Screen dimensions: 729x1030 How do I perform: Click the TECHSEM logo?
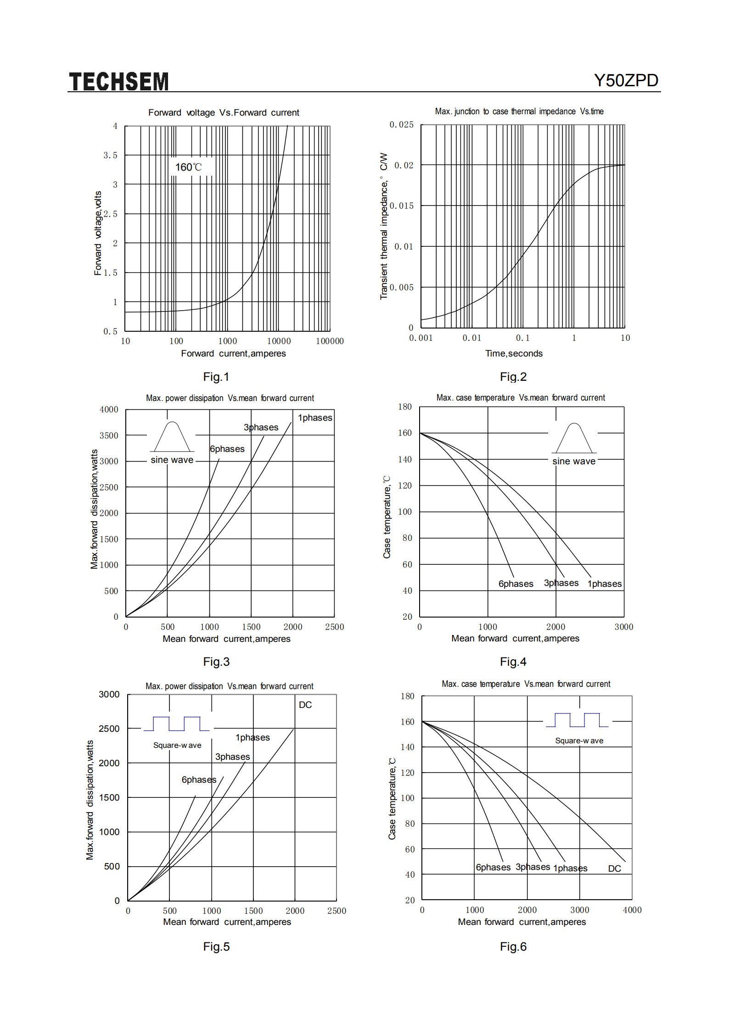[119, 82]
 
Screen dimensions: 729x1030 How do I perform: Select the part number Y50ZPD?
[626, 81]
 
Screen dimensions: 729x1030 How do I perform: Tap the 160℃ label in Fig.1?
[188, 167]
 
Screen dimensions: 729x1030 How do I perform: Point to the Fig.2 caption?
[513, 377]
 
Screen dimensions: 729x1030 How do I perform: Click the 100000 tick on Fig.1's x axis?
[330, 341]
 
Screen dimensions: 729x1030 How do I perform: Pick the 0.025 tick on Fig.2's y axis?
[402, 125]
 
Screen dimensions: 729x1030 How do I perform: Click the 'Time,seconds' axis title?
[514, 353]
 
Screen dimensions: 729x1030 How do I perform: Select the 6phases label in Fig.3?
[227, 449]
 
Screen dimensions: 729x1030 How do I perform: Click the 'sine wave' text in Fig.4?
[574, 461]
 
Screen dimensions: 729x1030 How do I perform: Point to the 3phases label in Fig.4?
[561, 583]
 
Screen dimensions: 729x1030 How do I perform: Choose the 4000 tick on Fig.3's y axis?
[109, 409]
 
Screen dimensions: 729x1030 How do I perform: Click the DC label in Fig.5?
[305, 705]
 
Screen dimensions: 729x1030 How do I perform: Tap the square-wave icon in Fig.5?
[177, 724]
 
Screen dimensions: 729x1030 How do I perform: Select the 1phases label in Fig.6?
[570, 868]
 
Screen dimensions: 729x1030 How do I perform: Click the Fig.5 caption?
[216, 946]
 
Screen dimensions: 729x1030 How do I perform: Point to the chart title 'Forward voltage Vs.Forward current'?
[224, 112]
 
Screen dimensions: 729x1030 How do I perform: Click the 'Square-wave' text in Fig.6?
[579, 740]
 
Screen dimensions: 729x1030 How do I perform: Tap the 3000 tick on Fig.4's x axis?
[624, 627]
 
